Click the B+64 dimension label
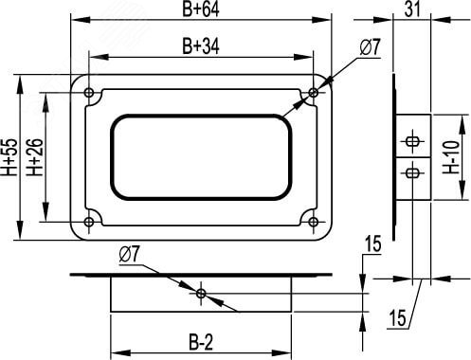pos(201,9)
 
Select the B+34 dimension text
pos(201,46)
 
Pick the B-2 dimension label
pos(201,343)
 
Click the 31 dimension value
pos(412,9)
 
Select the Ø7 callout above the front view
pos(371,48)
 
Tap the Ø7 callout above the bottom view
pos(129,254)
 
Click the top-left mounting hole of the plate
pos(89,93)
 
